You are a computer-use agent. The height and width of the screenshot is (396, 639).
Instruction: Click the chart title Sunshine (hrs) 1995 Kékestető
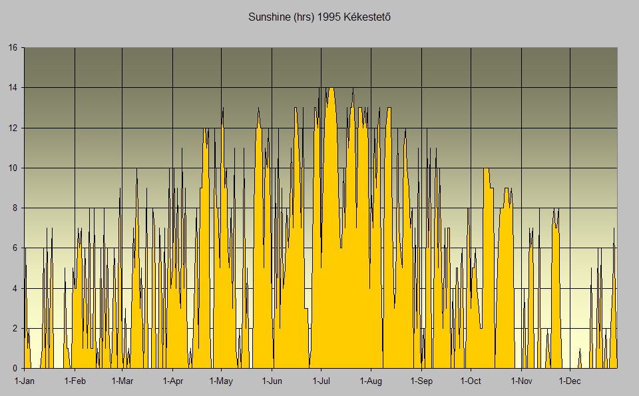pyautogui.click(x=319, y=17)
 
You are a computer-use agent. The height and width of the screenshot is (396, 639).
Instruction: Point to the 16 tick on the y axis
pyautogui.click(x=13, y=48)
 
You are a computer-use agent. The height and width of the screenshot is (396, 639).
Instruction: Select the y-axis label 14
pyautogui.click(x=13, y=88)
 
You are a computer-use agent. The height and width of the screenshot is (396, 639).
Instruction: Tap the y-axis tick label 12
pyautogui.click(x=13, y=128)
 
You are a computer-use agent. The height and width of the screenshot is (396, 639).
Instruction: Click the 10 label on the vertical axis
pyautogui.click(x=13, y=168)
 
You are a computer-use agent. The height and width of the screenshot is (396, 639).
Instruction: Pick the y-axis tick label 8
pyautogui.click(x=15, y=208)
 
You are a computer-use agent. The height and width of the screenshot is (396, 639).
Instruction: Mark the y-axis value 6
pyautogui.click(x=15, y=248)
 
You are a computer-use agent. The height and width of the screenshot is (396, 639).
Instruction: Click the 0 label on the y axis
pyautogui.click(x=15, y=368)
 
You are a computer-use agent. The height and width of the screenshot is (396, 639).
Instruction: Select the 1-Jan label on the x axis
pyautogui.click(x=25, y=381)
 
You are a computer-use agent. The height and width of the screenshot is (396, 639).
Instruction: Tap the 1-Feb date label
pyautogui.click(x=75, y=381)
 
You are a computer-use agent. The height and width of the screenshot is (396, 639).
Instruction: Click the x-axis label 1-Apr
pyautogui.click(x=172, y=381)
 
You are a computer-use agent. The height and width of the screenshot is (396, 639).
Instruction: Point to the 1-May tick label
pyautogui.click(x=221, y=381)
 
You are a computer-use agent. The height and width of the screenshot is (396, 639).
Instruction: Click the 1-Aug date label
pyautogui.click(x=371, y=381)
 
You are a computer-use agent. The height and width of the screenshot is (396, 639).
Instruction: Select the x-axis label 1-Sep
pyautogui.click(x=421, y=381)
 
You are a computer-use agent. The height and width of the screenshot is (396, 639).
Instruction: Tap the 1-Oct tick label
pyautogui.click(x=470, y=381)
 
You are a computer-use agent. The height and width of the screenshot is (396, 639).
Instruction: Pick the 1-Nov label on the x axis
pyautogui.click(x=521, y=381)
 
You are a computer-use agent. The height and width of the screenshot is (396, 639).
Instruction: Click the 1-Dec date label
pyautogui.click(x=570, y=381)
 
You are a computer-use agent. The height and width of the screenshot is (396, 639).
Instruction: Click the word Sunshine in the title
pyautogui.click(x=268, y=17)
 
